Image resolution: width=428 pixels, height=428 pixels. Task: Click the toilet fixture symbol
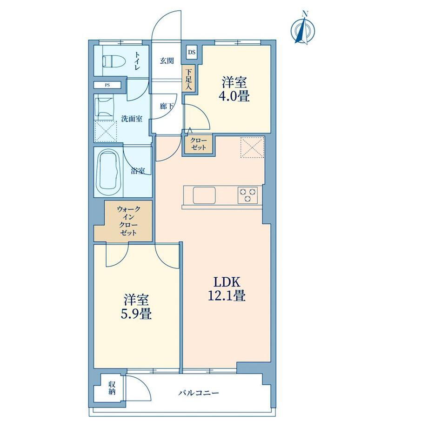click(x=114, y=61)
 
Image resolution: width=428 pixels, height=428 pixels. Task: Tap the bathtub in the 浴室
click(x=109, y=172)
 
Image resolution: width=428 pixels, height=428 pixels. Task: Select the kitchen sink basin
click(x=204, y=195)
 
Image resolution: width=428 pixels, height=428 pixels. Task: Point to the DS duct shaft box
click(x=192, y=52)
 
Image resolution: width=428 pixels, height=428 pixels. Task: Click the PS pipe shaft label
click(x=107, y=85)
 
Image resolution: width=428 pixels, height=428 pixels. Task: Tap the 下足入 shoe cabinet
click(x=188, y=79)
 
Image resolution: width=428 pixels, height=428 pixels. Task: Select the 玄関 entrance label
click(x=167, y=60)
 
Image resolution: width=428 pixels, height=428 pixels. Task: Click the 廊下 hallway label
click(x=167, y=106)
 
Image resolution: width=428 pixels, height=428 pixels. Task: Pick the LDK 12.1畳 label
click(x=227, y=288)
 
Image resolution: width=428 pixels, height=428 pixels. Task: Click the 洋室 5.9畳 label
click(x=136, y=307)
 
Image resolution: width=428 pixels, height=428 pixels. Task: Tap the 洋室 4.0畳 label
click(x=234, y=89)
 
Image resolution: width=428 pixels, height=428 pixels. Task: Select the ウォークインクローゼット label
click(x=128, y=221)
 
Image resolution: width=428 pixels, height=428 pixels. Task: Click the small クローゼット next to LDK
click(x=199, y=144)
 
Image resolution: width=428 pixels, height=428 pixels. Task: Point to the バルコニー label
click(x=199, y=393)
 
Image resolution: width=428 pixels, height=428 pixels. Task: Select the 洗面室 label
click(x=132, y=119)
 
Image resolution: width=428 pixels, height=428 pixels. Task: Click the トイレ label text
click(x=137, y=60)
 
